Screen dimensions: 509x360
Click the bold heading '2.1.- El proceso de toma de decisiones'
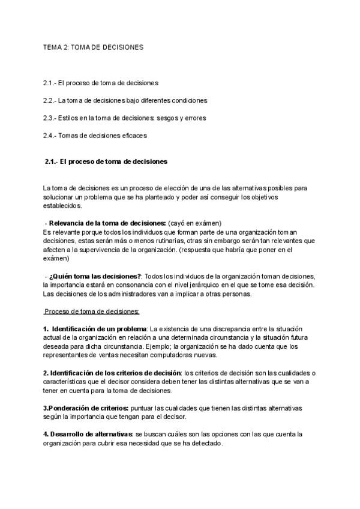tap(106, 162)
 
